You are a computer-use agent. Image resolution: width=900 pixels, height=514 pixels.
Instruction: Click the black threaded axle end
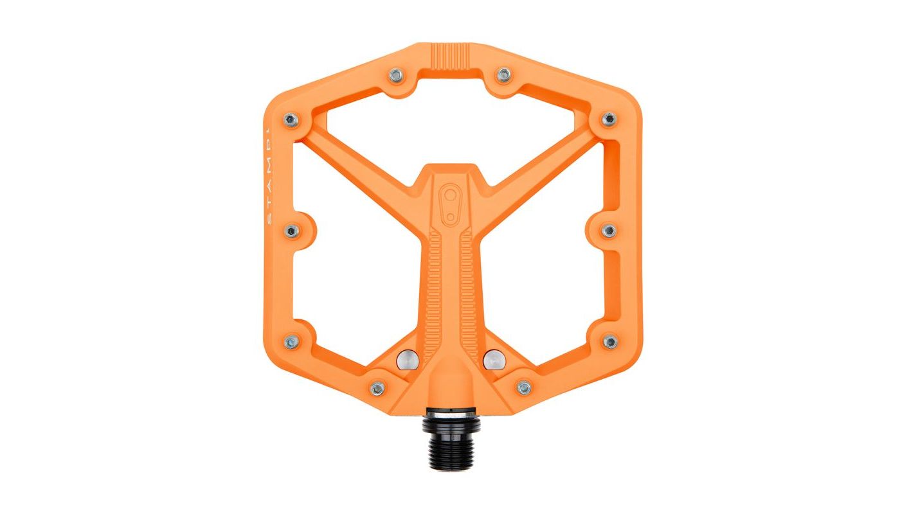pos(450,443)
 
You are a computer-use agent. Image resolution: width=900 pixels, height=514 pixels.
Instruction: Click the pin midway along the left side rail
pos(291,230)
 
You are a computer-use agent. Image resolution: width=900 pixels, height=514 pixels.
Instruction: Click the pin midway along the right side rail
pos(609,230)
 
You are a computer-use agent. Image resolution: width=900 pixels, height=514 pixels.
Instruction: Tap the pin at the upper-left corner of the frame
pos(291,120)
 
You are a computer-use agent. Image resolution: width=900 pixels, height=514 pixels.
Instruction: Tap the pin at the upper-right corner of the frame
pos(608,119)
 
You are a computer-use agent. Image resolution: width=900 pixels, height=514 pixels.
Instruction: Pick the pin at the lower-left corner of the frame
pos(291,341)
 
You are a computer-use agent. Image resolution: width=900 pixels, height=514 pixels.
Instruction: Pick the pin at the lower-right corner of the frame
pos(610,341)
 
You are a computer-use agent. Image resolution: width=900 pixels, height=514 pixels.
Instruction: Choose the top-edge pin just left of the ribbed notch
pos(397,76)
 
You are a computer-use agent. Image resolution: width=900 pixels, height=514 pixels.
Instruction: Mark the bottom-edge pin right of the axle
pos(524,387)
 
